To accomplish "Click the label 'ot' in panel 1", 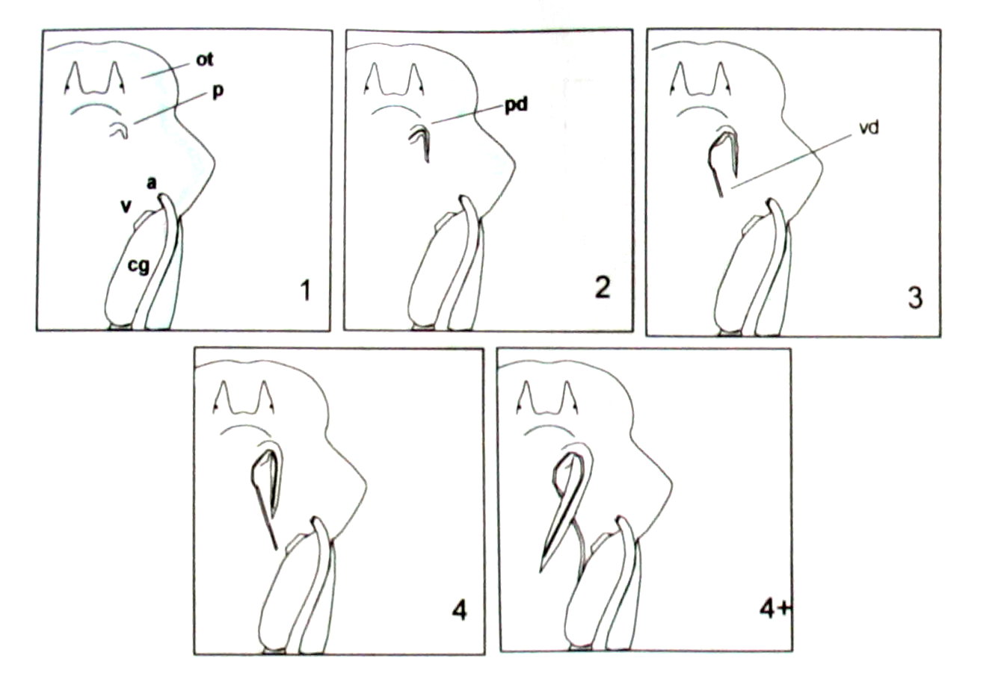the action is pos(205,60).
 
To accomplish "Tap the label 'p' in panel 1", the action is pos(218,92).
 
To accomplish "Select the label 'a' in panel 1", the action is pos(152,182).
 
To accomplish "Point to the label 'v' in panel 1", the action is pos(127,206).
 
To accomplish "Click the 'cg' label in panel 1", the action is pos(138,266).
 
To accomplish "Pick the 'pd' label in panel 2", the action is pos(516,107).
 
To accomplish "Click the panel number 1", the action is pos(305,291).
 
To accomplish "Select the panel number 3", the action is pos(915,298).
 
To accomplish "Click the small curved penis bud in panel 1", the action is pos(120,131).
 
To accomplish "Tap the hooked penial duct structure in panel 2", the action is pos(421,143).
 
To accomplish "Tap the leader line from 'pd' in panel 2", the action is pos(468,114).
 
